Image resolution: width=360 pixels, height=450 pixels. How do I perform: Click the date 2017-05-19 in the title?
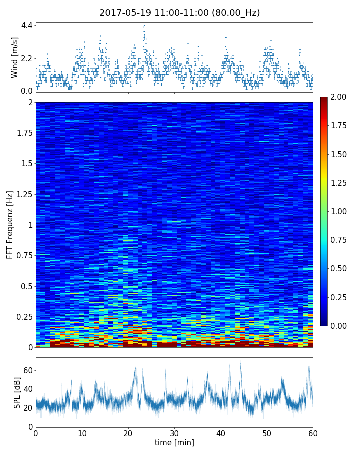pyautogui.click(x=123, y=13)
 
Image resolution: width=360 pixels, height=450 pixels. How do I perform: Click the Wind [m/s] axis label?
pyautogui.click(x=15, y=57)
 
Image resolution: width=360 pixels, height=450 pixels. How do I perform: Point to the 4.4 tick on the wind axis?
pyautogui.click(x=27, y=25)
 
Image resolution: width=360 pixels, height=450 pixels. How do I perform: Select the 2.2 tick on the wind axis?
pyautogui.click(x=27, y=58)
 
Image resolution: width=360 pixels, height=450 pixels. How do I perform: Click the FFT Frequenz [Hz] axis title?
pyautogui.click(x=10, y=225)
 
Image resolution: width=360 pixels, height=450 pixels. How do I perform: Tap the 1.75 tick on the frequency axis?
pyautogui.click(x=23, y=133)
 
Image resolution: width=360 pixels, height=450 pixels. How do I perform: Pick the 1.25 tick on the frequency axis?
pyautogui.click(x=23, y=194)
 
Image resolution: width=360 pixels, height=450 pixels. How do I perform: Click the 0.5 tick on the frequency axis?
pyautogui.click(x=26, y=286)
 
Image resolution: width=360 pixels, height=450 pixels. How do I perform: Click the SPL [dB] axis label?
pyautogui.click(x=17, y=392)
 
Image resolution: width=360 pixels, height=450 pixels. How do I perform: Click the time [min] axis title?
pyautogui.click(x=174, y=442)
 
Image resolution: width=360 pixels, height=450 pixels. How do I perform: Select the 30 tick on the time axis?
pyautogui.click(x=174, y=433)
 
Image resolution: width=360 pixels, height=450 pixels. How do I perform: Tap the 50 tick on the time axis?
pyautogui.click(x=267, y=433)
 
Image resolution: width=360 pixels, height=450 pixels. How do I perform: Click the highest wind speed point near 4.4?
pyautogui.click(x=144, y=26)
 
